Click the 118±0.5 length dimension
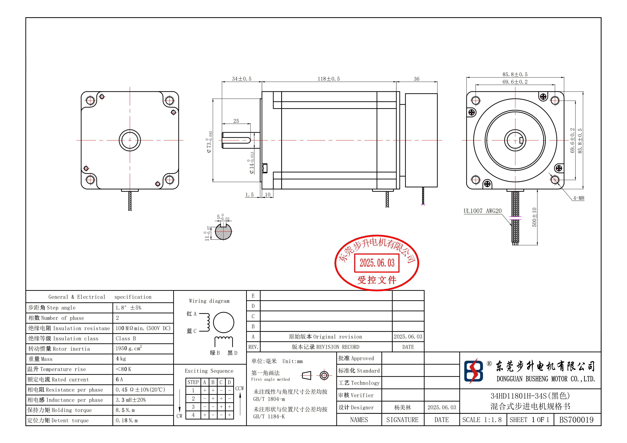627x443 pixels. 329,79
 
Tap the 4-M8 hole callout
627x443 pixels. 578,198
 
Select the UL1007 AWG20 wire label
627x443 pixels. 483,211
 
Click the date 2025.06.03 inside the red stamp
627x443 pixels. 377,263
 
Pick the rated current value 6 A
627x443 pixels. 119,379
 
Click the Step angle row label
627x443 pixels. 52,308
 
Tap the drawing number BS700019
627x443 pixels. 576,420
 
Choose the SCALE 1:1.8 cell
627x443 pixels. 482,420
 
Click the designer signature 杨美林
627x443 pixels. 403,408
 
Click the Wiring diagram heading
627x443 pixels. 209,301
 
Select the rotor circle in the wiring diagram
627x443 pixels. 223,323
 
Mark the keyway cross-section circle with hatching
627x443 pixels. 223,232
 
